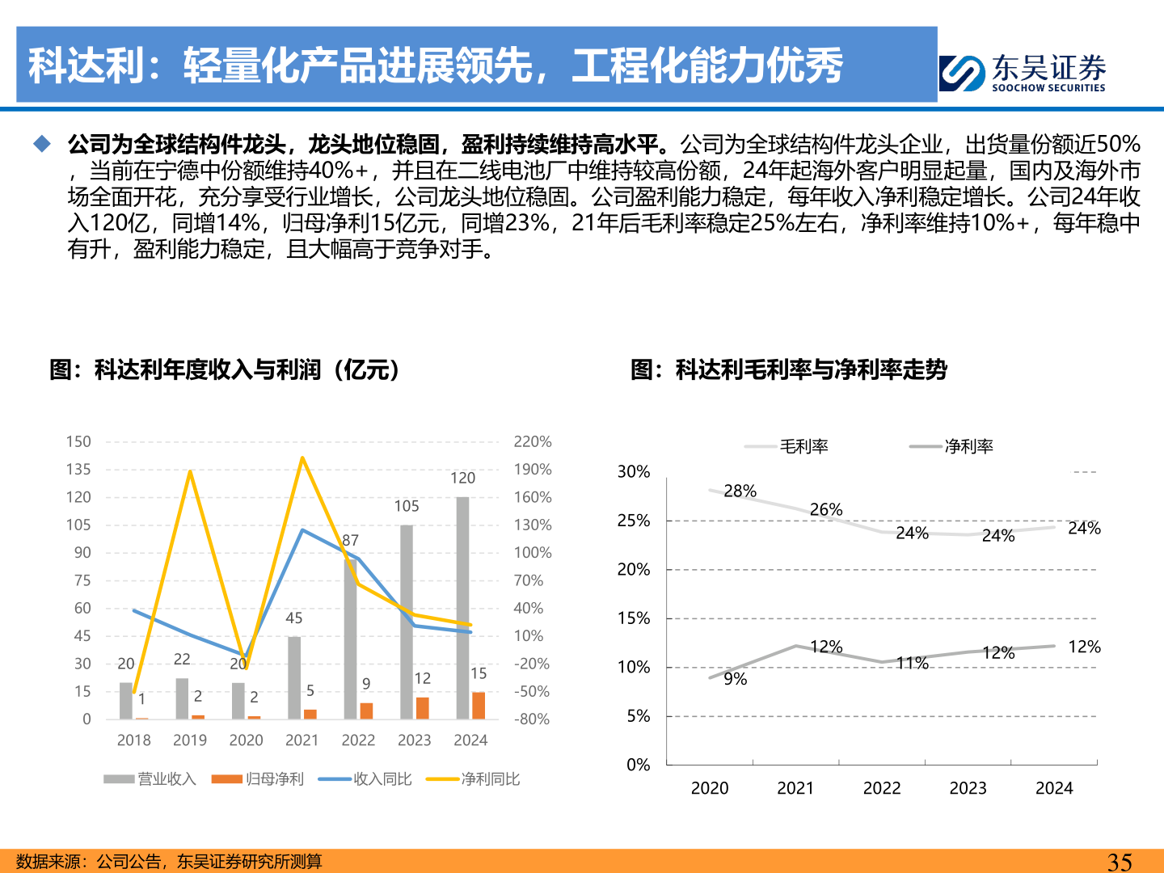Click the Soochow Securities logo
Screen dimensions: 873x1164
(1023, 73)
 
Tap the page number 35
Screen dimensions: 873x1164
(1119, 862)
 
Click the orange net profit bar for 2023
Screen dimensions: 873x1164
(423, 708)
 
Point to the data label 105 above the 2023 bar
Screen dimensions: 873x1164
(407, 506)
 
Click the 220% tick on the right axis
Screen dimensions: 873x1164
(533, 441)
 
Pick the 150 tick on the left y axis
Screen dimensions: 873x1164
(78, 441)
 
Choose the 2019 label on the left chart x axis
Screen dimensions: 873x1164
(190, 740)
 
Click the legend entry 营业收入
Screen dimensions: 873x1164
(150, 778)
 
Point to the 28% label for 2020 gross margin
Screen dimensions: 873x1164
(740, 491)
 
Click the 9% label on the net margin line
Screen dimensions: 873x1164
(735, 679)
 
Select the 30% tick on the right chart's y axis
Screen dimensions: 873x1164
(634, 471)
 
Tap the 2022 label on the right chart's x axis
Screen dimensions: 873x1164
(882, 788)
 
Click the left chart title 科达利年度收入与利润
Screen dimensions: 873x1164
(225, 369)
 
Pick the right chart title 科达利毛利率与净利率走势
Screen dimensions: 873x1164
(789, 369)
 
